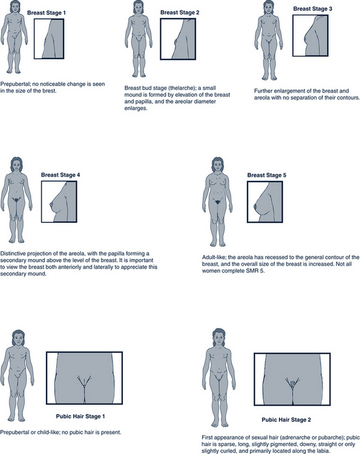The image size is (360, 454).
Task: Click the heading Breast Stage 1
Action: point(47,13)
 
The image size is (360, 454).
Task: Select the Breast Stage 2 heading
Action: point(180,13)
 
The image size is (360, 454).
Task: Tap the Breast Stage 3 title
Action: point(313,8)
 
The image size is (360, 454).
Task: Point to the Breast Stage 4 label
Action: point(61,175)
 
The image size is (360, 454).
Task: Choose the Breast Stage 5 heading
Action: point(267,175)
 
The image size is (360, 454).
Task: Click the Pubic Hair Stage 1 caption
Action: point(80,416)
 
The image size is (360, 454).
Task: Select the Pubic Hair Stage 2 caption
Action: point(286,420)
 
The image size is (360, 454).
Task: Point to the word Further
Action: point(263,91)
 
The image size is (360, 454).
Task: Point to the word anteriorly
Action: point(70,267)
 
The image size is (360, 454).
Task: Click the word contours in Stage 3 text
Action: point(350,97)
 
